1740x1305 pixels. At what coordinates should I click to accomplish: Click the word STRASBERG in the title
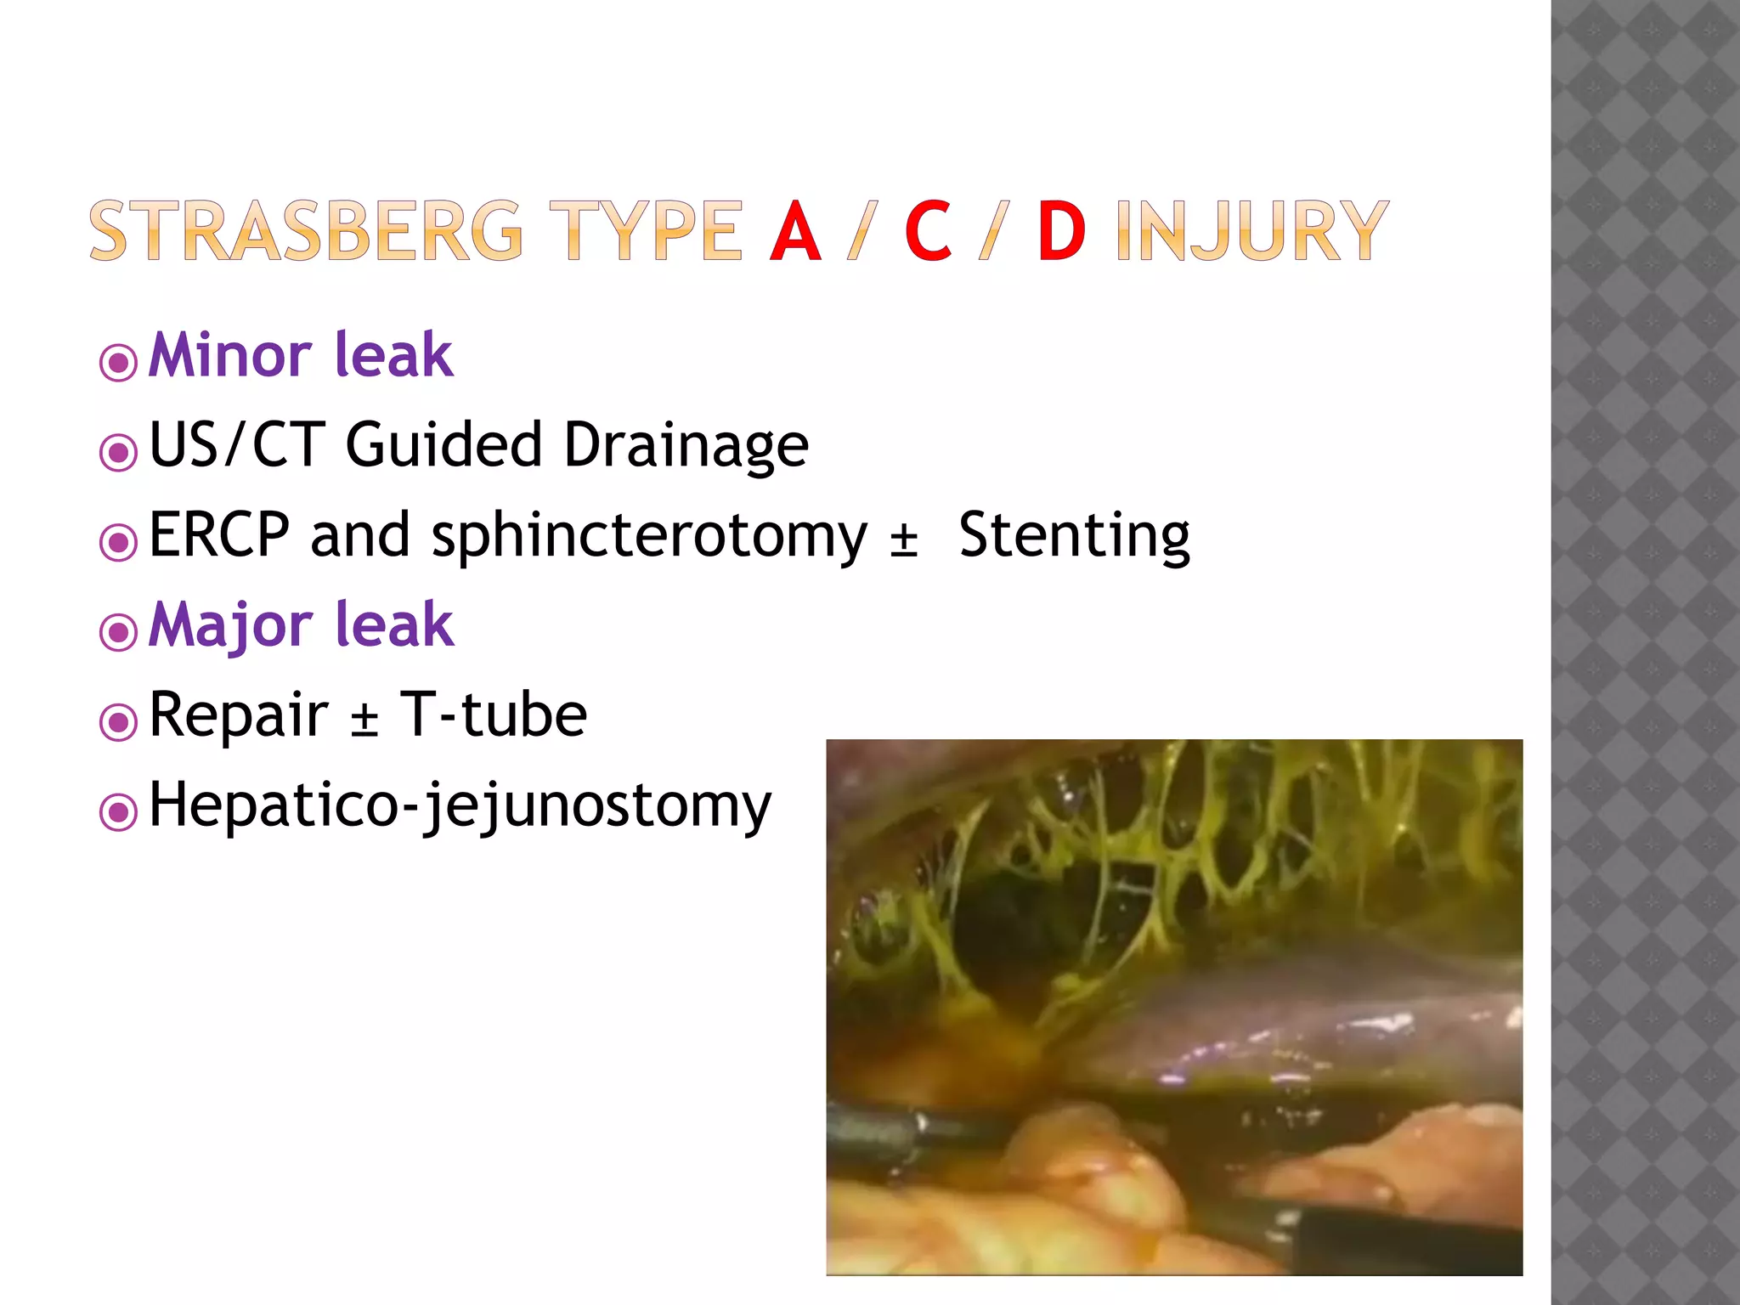(x=306, y=231)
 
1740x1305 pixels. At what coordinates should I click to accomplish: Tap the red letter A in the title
(x=795, y=231)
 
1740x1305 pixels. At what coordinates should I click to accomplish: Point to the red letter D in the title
(x=1061, y=231)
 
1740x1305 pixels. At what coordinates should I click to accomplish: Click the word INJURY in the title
(x=1252, y=231)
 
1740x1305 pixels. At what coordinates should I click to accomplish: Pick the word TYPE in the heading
(x=646, y=231)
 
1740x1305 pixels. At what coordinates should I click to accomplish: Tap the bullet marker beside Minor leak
(x=118, y=363)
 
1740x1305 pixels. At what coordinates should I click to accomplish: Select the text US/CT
(x=235, y=444)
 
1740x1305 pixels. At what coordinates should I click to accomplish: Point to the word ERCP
(x=219, y=535)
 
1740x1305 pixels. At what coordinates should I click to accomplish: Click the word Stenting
(x=1074, y=536)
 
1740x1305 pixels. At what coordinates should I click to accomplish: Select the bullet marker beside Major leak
(x=118, y=632)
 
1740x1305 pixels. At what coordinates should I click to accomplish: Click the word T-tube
(x=493, y=715)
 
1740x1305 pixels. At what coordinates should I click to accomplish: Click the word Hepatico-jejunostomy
(x=460, y=805)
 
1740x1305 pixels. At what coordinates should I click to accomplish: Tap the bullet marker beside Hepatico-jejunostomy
(x=118, y=811)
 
